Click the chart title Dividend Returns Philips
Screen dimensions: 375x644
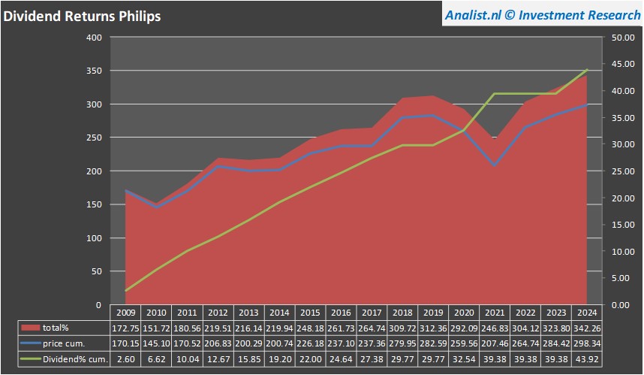82,16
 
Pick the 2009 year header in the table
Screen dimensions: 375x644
126,312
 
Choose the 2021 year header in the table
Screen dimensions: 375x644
495,312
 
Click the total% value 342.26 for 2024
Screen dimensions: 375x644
587,328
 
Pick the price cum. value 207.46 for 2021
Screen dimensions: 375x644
495,343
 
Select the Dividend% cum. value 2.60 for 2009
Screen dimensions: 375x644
126,359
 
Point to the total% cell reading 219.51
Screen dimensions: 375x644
218,328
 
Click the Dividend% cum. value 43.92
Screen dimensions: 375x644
587,359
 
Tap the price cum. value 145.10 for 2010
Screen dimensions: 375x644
157,343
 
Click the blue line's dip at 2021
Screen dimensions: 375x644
495,165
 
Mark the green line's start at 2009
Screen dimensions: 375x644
126,291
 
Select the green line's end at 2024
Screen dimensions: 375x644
587,70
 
